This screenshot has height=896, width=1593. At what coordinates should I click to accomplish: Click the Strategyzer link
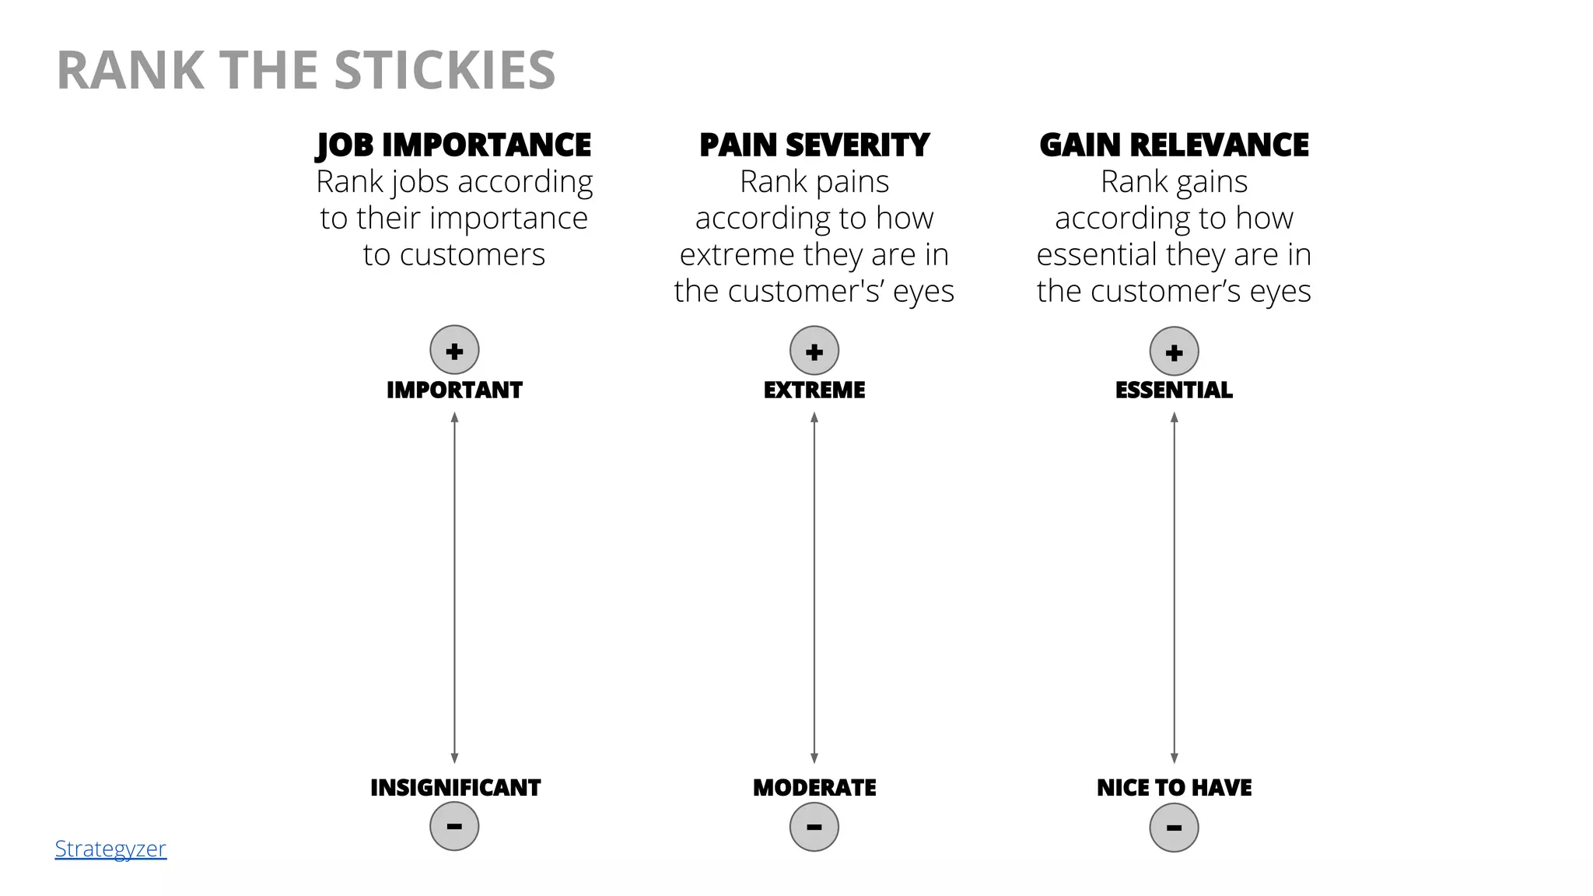click(110, 849)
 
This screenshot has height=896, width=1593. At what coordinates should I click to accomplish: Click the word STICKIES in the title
click(444, 71)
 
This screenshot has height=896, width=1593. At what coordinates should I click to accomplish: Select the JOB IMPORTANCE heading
click(454, 145)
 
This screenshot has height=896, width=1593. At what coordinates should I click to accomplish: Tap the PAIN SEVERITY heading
click(814, 145)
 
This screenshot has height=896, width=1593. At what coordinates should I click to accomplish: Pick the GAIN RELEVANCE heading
click(1174, 145)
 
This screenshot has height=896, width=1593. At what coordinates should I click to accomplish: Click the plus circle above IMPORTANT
click(454, 350)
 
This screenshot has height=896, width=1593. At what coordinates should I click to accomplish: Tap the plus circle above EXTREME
click(814, 351)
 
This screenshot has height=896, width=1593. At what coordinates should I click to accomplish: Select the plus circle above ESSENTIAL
click(1174, 352)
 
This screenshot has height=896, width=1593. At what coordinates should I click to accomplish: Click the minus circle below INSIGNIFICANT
click(454, 826)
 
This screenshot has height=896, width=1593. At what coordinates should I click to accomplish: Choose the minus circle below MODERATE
click(814, 827)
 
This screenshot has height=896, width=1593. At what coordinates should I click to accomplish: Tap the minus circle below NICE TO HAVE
click(1174, 828)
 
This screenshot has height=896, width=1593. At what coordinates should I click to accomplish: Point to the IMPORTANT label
click(454, 390)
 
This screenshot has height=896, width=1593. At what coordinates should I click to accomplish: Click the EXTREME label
click(814, 390)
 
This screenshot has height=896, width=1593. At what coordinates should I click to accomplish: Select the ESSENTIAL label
click(1174, 390)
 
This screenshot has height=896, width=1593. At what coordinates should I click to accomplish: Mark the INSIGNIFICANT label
click(455, 788)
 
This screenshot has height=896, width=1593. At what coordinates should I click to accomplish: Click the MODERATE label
click(814, 788)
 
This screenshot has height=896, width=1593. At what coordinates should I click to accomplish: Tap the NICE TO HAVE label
click(1174, 788)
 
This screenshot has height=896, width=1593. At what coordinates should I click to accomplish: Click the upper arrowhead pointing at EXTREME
click(814, 418)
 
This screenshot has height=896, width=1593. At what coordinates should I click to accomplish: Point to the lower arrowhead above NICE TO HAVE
click(1174, 758)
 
